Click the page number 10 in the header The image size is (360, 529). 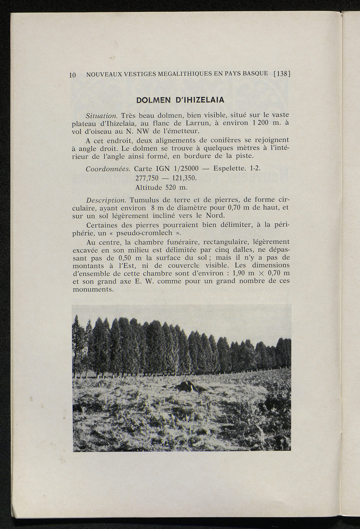pyautogui.click(x=72, y=74)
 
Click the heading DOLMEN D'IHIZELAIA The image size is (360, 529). pyautogui.click(x=180, y=100)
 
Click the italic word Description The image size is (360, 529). pyautogui.click(x=106, y=200)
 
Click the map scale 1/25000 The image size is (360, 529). pyautogui.click(x=180, y=169)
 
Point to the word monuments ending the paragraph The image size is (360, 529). pyautogui.click(x=92, y=289)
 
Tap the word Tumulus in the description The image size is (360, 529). pyautogui.click(x=144, y=200)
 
